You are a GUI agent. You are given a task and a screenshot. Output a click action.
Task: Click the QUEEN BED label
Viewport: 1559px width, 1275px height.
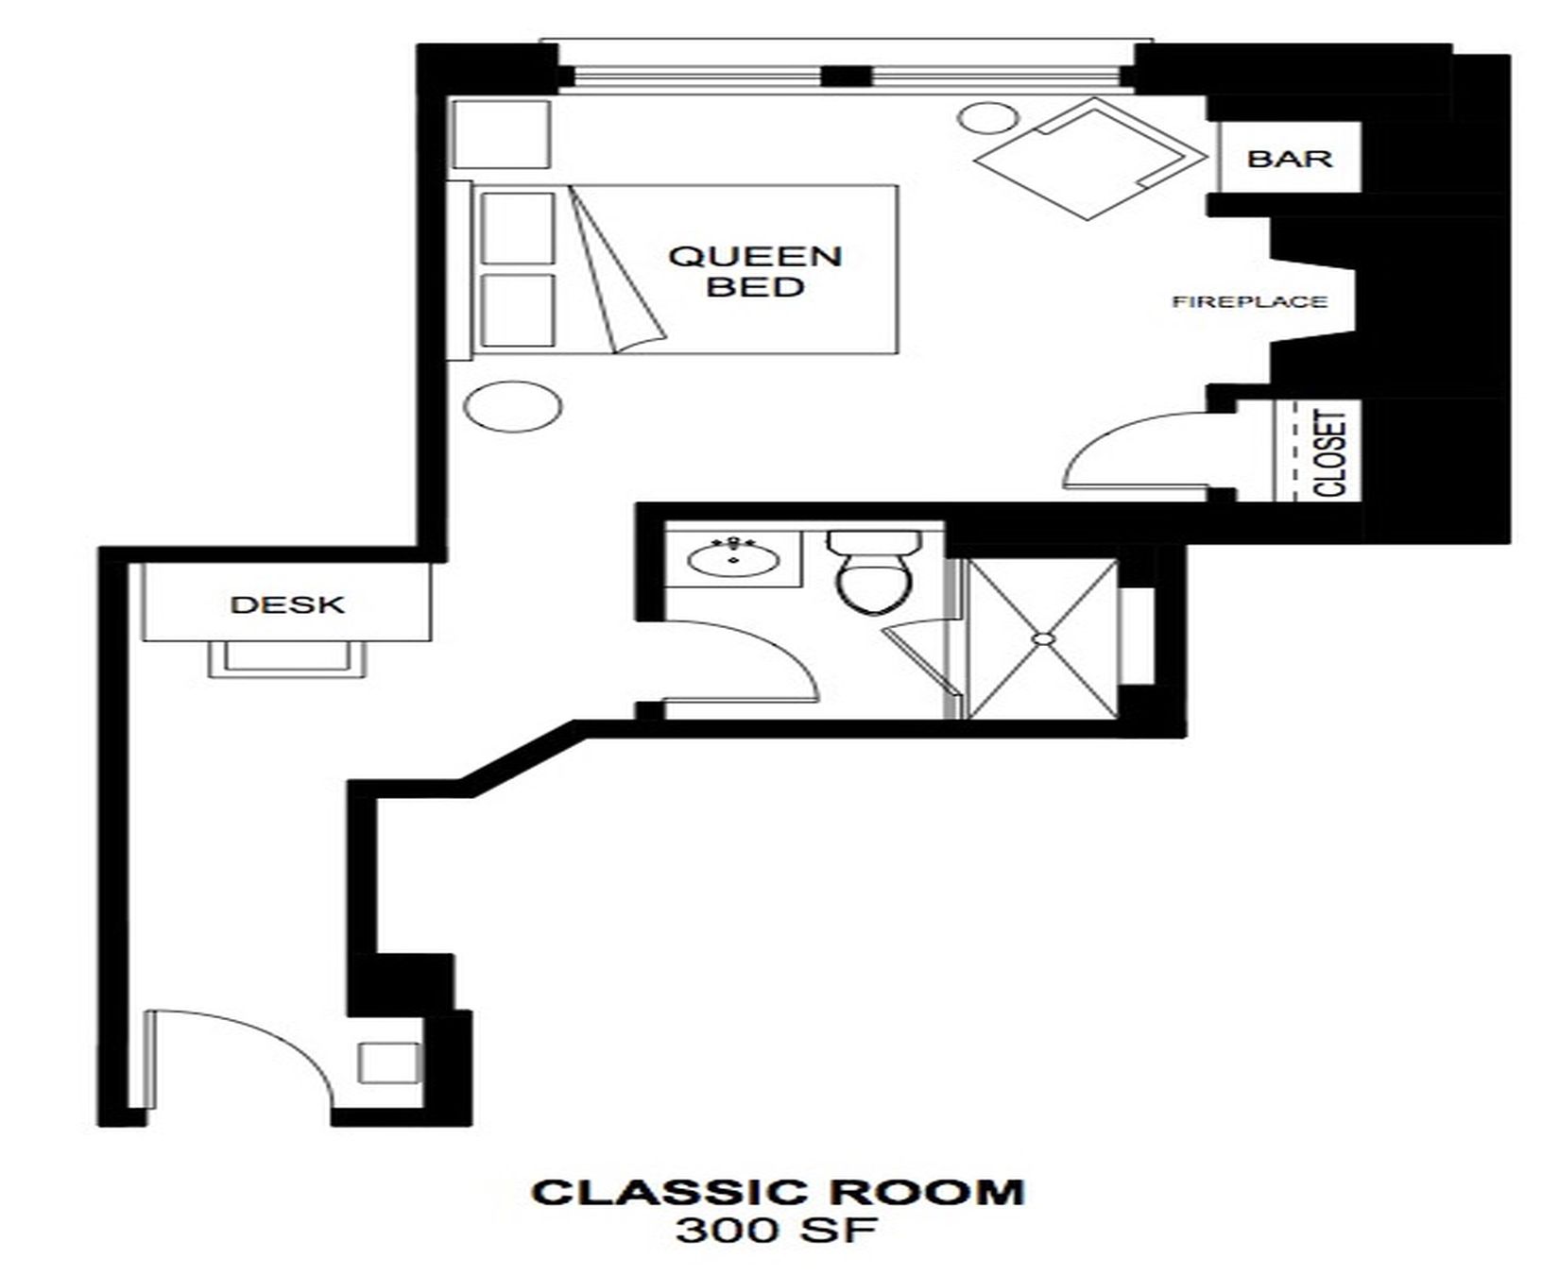pyautogui.click(x=755, y=270)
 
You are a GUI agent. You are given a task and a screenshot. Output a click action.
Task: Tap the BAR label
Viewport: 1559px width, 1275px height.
pyautogui.click(x=1290, y=158)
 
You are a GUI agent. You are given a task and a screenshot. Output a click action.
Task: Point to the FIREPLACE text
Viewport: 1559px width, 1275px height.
pyautogui.click(x=1249, y=302)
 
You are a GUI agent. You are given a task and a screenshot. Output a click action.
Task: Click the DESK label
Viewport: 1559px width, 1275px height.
pyautogui.click(x=287, y=604)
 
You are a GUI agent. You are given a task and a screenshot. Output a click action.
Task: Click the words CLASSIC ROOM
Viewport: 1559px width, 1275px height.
pyautogui.click(x=778, y=1192)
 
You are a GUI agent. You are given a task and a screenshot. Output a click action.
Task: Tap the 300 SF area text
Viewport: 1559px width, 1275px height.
pyautogui.click(x=777, y=1231)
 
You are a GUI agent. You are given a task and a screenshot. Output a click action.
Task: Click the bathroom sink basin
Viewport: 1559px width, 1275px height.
pyautogui.click(x=734, y=558)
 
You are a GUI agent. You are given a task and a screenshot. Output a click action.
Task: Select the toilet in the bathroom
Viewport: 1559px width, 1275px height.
pyautogui.click(x=874, y=570)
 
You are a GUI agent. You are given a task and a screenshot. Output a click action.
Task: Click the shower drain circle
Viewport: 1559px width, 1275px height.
pyautogui.click(x=1042, y=639)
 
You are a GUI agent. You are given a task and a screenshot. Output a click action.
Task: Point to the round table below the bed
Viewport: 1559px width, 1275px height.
pyautogui.click(x=513, y=407)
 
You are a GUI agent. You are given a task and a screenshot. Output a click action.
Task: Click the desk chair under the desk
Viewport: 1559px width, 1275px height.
pyautogui.click(x=287, y=657)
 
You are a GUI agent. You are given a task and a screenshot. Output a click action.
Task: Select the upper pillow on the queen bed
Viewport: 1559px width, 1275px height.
pyautogui.click(x=518, y=228)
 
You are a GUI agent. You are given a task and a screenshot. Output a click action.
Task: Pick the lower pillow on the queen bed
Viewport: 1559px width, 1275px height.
pyautogui.click(x=518, y=311)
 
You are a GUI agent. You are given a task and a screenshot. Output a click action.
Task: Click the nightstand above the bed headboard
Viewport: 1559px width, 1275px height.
pyautogui.click(x=501, y=134)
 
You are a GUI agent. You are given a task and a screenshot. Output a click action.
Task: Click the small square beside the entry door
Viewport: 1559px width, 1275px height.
pyautogui.click(x=389, y=1062)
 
